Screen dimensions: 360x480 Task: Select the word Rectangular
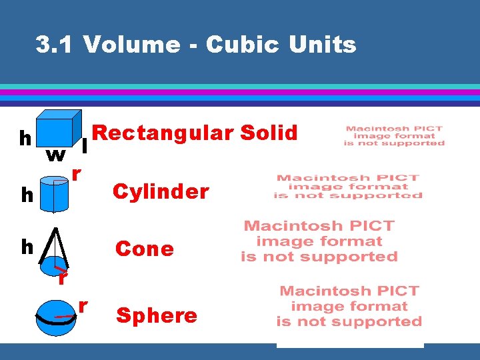[163, 133]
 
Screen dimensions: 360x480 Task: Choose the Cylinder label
[161, 192]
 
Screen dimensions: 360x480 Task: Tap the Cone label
[145, 249]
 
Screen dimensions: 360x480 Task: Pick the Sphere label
[157, 315]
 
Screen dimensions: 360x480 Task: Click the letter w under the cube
[55, 155]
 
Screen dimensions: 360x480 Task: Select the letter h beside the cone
[27, 247]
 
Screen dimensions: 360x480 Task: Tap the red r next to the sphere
[83, 305]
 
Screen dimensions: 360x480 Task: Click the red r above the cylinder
[77, 174]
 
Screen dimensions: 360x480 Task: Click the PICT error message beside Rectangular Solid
[394, 135]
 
